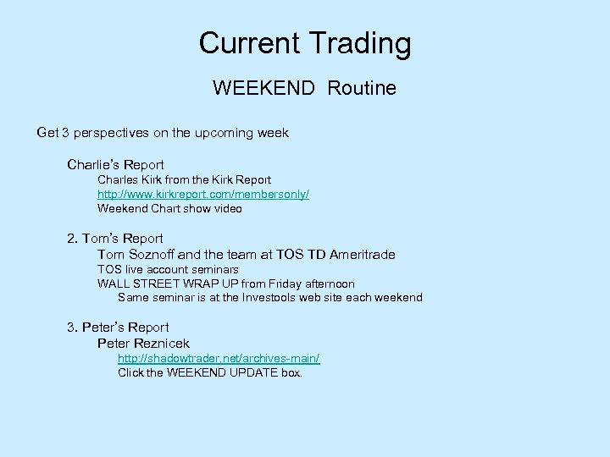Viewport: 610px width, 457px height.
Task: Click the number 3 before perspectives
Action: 64,133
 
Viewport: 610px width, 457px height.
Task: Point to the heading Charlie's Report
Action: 115,164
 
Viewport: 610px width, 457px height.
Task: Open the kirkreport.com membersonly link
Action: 203,194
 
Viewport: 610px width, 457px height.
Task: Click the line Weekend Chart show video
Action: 169,208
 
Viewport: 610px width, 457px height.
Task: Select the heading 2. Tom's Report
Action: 115,239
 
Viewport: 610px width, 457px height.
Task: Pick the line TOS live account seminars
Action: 168,269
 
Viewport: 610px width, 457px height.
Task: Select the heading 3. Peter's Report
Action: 118,328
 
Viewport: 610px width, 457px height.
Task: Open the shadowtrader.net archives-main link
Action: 219,358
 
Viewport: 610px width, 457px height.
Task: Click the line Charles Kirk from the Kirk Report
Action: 184,179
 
